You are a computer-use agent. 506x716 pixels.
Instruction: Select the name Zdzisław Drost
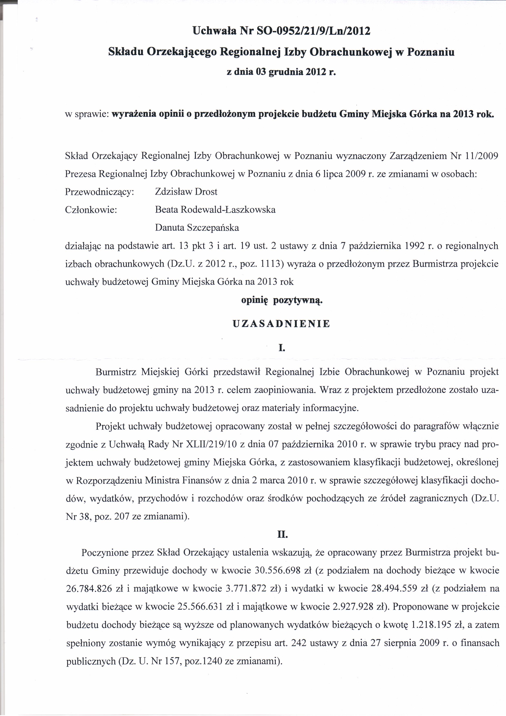[186, 191]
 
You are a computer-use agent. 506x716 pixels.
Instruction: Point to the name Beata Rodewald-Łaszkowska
[215, 210]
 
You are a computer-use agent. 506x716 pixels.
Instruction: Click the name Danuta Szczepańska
[197, 228]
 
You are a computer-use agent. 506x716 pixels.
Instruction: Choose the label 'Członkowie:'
[91, 210]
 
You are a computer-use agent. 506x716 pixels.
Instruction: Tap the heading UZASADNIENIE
[282, 324]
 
